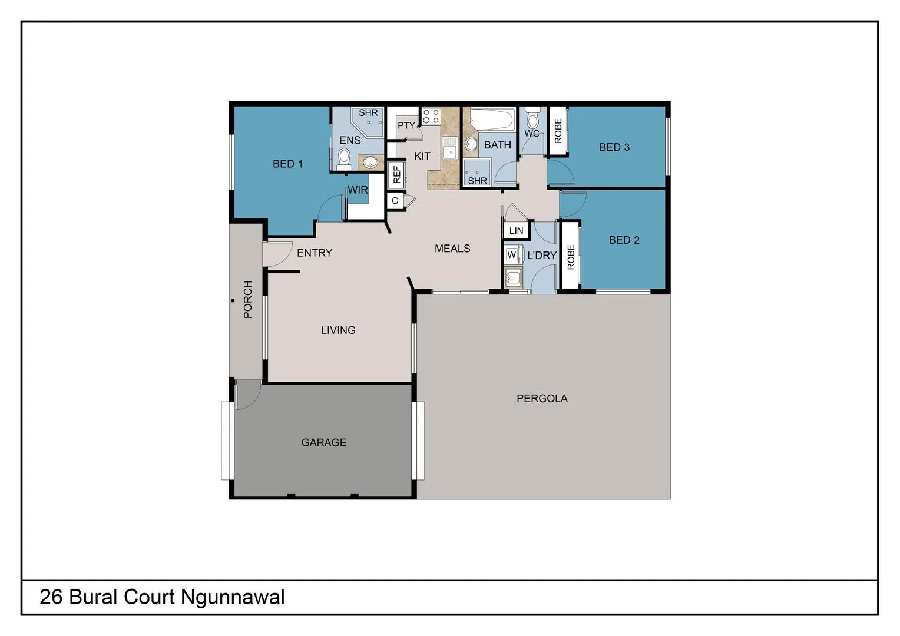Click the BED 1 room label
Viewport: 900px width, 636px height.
[287, 164]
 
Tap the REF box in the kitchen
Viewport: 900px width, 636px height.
[396, 174]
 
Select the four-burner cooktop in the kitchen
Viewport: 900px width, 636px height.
[431, 116]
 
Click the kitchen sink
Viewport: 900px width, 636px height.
[450, 147]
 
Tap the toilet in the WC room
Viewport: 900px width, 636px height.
[532, 119]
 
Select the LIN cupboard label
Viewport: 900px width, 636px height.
[516, 231]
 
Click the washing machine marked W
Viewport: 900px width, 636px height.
[511, 255]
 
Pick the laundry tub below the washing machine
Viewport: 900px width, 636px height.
[513, 277]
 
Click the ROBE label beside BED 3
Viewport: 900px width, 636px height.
[558, 131]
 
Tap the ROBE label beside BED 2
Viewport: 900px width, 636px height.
[570, 257]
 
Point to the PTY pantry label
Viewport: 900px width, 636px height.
[406, 125]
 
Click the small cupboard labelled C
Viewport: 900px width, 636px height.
[395, 201]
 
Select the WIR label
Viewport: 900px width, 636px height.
[358, 190]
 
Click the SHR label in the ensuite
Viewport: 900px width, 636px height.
[368, 112]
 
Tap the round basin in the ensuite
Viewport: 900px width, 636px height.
[370, 162]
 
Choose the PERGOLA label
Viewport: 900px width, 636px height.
[542, 399]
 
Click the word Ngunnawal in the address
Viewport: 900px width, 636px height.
[233, 597]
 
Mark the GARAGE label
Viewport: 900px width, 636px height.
[324, 442]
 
